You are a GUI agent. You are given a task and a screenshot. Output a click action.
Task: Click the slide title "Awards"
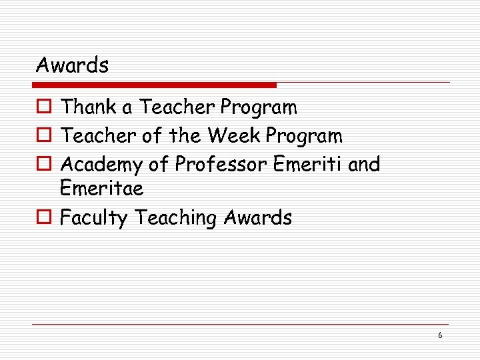(x=72, y=65)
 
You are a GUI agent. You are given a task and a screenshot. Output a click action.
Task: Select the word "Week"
(x=234, y=136)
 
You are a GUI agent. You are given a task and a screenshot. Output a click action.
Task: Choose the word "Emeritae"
(x=101, y=189)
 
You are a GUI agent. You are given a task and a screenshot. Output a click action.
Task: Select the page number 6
(x=440, y=335)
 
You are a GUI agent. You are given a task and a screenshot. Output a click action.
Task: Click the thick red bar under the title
(x=155, y=85)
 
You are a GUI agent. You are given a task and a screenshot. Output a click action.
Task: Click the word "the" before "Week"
(x=184, y=136)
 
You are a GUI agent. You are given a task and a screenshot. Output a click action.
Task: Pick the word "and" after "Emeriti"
(x=364, y=164)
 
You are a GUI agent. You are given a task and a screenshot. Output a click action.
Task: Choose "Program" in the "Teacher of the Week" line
(x=304, y=137)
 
